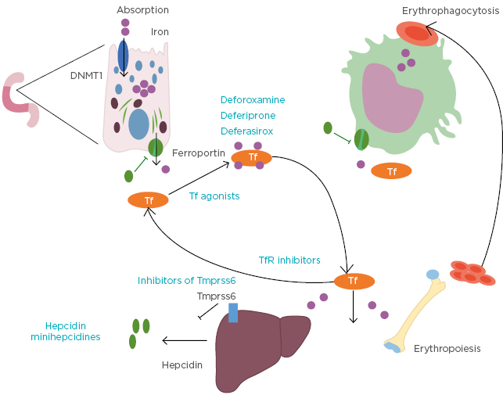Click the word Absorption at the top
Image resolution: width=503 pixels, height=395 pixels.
point(142,10)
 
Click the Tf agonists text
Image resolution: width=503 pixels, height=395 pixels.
point(214,196)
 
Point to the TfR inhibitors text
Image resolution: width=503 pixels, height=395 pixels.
point(289,260)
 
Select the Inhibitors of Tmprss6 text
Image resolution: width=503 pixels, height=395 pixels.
point(187,280)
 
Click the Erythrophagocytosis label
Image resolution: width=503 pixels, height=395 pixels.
point(450,10)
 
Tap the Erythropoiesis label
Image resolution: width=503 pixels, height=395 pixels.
point(446,348)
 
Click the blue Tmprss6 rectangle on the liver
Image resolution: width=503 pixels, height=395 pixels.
point(232,312)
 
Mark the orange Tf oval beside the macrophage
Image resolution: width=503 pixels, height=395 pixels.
point(392,171)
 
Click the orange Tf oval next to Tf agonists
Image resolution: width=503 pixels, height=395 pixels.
point(149,200)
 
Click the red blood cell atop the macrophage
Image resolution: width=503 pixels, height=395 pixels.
point(417,33)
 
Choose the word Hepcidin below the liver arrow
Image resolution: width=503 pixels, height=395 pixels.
point(182,364)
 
